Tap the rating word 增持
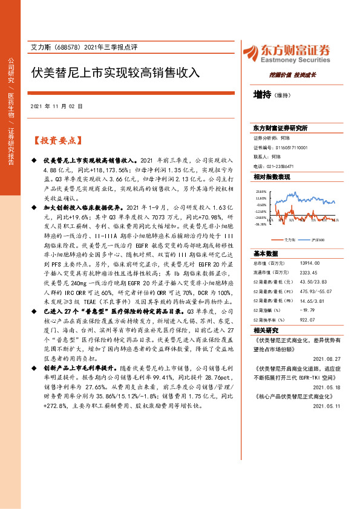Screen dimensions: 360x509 tap(263, 94)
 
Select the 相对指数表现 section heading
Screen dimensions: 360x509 tap(272, 177)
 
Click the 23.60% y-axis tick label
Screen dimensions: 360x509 tap(261, 191)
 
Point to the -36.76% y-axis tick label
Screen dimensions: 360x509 tap(261, 224)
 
